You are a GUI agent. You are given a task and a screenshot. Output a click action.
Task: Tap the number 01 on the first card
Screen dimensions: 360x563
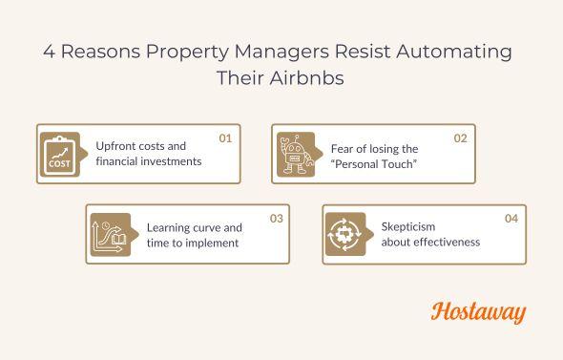225,138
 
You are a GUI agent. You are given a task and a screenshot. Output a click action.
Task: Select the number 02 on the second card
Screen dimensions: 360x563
460,138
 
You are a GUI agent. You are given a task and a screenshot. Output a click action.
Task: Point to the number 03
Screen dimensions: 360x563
276,219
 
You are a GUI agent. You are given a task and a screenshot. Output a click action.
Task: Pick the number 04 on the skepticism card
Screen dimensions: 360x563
511,219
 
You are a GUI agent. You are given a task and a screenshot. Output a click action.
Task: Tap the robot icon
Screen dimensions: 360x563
293,154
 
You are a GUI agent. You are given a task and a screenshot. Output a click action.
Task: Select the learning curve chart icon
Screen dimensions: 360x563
108,235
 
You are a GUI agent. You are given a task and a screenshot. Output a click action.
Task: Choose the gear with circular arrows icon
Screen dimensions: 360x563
344,235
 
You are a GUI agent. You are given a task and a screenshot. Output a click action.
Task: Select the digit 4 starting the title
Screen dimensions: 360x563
48,52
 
